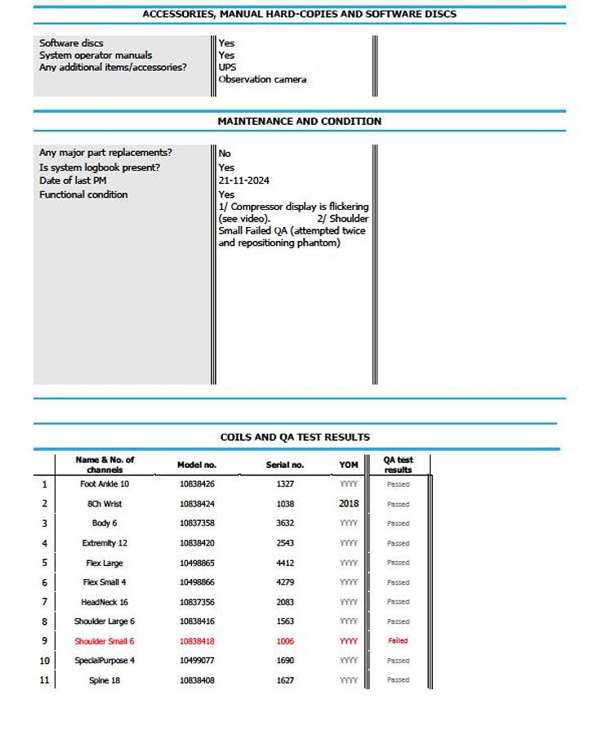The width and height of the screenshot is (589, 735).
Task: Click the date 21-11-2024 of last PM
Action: [x=243, y=180]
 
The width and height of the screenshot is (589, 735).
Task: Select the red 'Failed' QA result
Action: [x=398, y=641]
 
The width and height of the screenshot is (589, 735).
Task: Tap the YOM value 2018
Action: [x=349, y=504]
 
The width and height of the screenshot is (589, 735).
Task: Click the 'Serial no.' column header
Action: [x=285, y=465]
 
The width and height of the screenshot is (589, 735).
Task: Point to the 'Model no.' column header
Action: [x=197, y=465]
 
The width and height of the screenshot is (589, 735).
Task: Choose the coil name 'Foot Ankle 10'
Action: [x=105, y=484]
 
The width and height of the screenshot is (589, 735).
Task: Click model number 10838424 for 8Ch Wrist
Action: [x=197, y=504]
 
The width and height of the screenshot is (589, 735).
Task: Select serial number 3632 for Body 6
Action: [x=285, y=523]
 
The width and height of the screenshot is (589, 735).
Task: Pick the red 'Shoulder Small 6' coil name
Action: [x=105, y=641]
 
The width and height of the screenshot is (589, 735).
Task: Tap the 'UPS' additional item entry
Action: [x=227, y=67]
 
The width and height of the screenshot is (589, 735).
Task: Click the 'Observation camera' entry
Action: [x=262, y=79]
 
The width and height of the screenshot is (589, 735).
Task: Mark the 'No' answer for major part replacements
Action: [x=225, y=154]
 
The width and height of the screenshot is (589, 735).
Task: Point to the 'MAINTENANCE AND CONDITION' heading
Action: [x=299, y=121]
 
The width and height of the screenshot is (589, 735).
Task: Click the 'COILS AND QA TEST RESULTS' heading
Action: [x=295, y=437]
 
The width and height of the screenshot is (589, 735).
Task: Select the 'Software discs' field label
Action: [x=71, y=43]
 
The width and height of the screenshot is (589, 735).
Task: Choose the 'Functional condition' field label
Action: [x=83, y=194]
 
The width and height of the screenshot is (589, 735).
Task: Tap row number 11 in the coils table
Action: [x=44, y=680]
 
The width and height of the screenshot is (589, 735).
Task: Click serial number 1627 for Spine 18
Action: [x=285, y=680]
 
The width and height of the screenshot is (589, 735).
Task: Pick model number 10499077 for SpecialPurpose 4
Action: [x=197, y=661]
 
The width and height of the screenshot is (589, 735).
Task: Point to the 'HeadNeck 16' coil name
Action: [x=105, y=602]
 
